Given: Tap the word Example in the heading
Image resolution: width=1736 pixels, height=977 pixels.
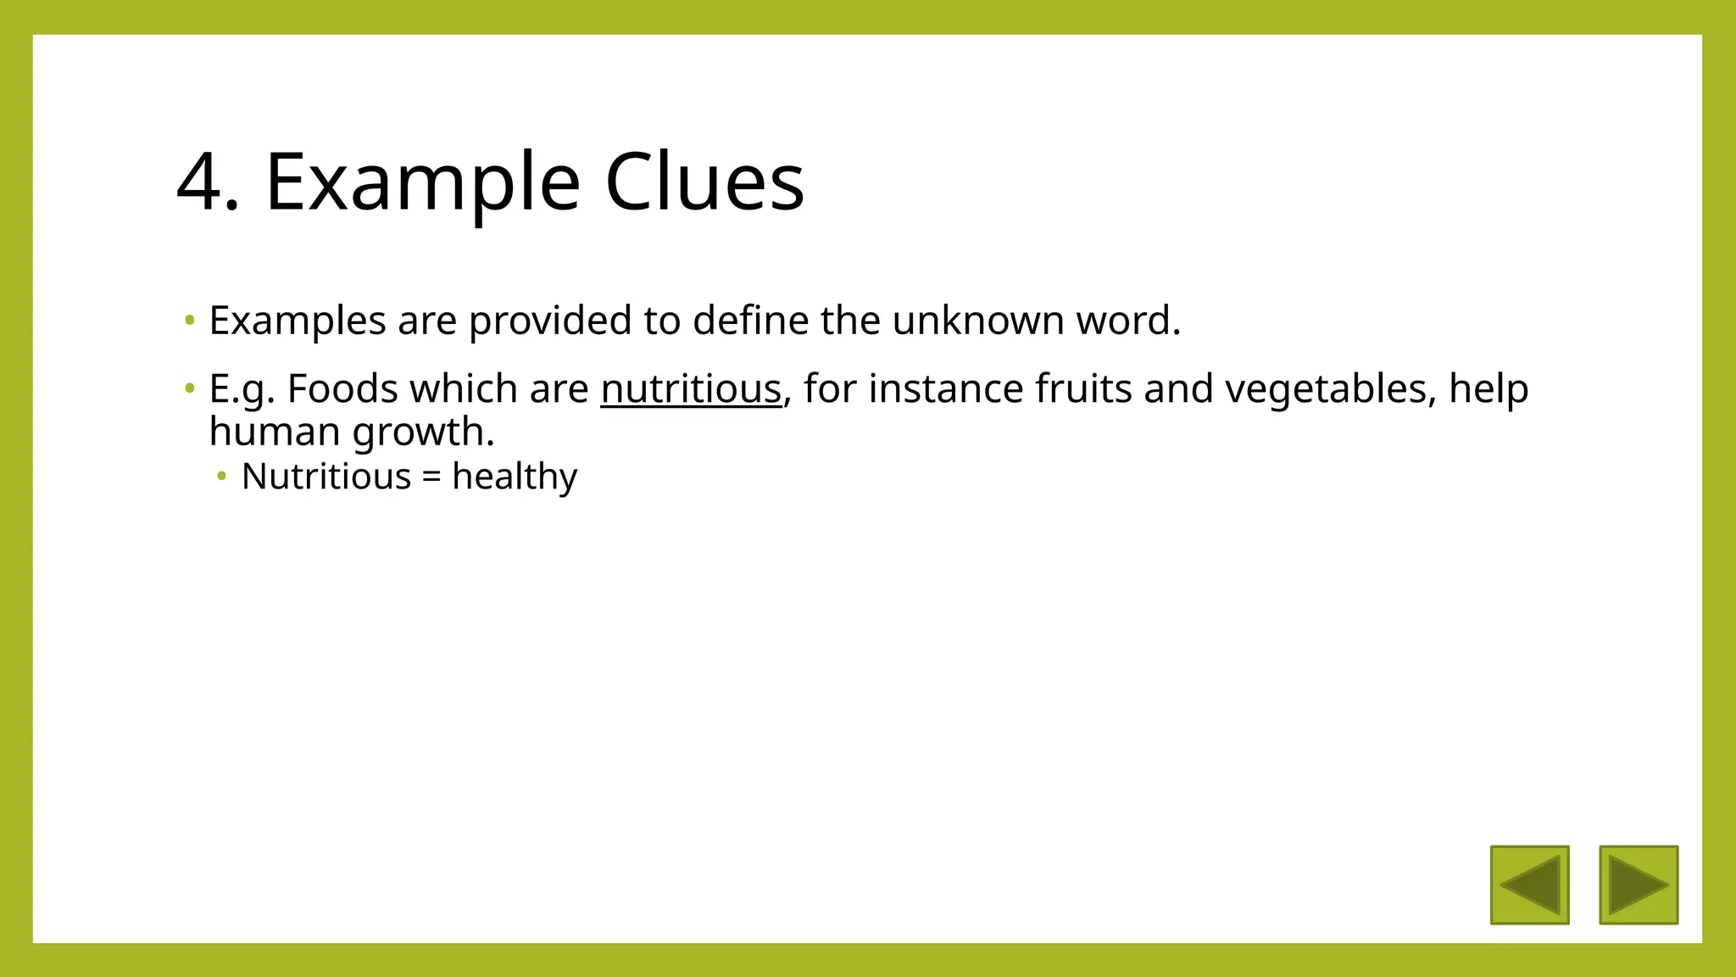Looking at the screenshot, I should [422, 182].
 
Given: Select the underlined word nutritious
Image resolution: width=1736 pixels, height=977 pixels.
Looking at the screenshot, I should [690, 389].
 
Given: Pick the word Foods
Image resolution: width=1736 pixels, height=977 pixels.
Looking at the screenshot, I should [342, 389].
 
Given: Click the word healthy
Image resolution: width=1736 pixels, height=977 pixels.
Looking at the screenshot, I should [514, 477].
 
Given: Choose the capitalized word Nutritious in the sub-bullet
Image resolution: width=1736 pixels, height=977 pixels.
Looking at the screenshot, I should [326, 477].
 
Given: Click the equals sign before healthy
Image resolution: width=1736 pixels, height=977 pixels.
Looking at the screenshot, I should [431, 477].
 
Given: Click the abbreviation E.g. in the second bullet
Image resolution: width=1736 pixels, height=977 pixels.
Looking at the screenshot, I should [242, 389].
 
